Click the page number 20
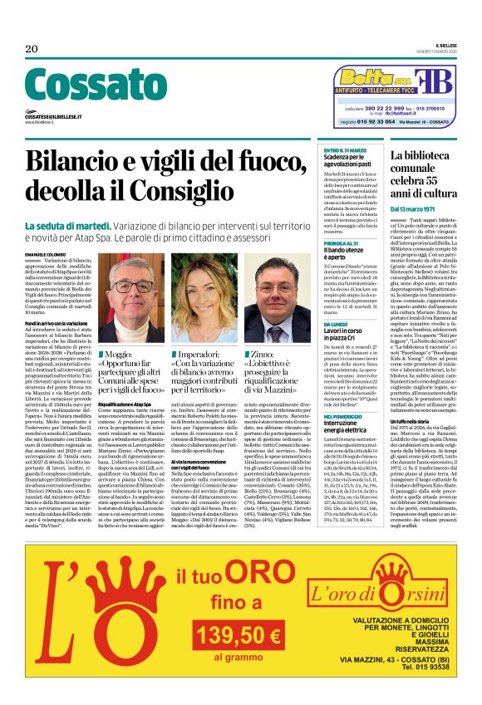(x=32, y=49)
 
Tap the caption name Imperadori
(x=204, y=355)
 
